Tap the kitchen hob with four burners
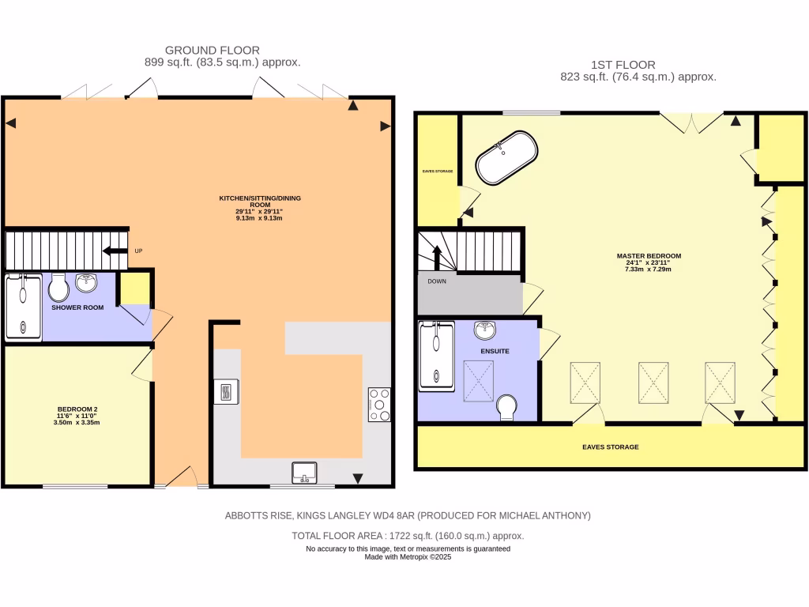(x=379, y=405)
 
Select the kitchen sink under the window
(x=303, y=472)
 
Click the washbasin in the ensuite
(x=484, y=330)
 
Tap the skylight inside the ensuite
(x=479, y=379)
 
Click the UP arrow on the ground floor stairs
(x=115, y=251)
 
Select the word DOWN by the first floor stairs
(x=437, y=281)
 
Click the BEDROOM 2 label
(x=77, y=409)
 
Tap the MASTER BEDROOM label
(x=649, y=256)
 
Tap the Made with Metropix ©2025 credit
(x=408, y=556)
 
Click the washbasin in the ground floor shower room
(x=86, y=282)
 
